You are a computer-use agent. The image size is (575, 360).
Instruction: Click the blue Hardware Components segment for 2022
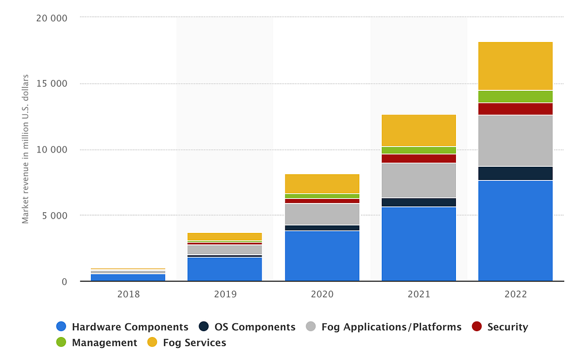point(515,231)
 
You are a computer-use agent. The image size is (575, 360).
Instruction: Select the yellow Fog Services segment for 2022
point(515,66)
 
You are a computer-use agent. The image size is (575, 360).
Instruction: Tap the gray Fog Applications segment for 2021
point(419,180)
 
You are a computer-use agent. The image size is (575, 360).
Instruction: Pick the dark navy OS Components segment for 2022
point(515,173)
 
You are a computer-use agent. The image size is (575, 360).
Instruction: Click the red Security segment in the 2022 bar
point(515,109)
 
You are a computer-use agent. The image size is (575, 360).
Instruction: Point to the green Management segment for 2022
point(515,96)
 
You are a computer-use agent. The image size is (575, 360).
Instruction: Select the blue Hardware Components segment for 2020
point(322,256)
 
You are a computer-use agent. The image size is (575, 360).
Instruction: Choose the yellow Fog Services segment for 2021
point(419,130)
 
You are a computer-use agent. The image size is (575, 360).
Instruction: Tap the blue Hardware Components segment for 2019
point(225,269)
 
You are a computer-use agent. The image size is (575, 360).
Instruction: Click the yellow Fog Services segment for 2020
point(322,183)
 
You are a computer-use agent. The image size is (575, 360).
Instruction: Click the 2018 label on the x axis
point(128,294)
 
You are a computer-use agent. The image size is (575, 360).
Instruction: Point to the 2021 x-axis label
point(419,294)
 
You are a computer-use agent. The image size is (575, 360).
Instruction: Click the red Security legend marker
point(477,327)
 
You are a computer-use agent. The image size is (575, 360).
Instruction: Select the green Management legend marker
point(62,343)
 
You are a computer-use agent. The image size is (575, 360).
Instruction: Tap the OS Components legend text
point(255,327)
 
